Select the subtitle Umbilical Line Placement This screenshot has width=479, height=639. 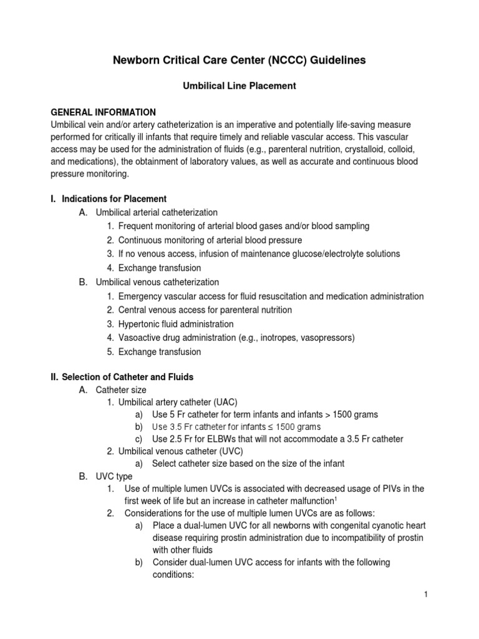point(239,87)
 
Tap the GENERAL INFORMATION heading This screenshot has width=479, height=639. point(103,112)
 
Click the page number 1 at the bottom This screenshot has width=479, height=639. point(425,595)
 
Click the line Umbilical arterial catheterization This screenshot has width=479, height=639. point(157,213)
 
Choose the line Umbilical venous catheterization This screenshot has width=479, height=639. point(157,283)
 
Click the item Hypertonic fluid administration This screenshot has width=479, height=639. point(176,324)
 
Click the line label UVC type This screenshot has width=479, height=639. point(114,476)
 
